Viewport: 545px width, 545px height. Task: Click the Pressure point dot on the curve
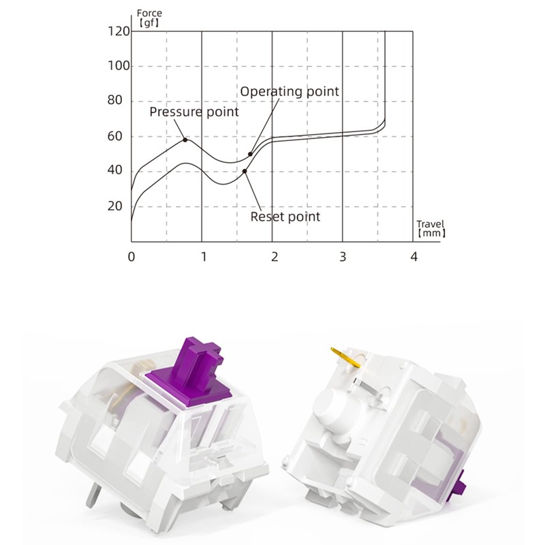[x=185, y=140]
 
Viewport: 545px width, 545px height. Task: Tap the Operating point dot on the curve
[x=250, y=154]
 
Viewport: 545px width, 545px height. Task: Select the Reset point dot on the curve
[x=245, y=171]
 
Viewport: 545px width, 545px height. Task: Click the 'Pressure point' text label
[x=194, y=112]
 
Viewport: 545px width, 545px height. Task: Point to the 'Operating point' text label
[x=290, y=91]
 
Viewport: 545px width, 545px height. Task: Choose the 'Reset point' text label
[x=285, y=217]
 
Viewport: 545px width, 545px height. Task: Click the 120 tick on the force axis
[x=119, y=31]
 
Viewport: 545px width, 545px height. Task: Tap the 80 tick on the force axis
[x=115, y=100]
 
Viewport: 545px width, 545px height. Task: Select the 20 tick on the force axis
[x=115, y=206]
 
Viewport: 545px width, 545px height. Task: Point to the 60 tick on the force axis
[x=115, y=136]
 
